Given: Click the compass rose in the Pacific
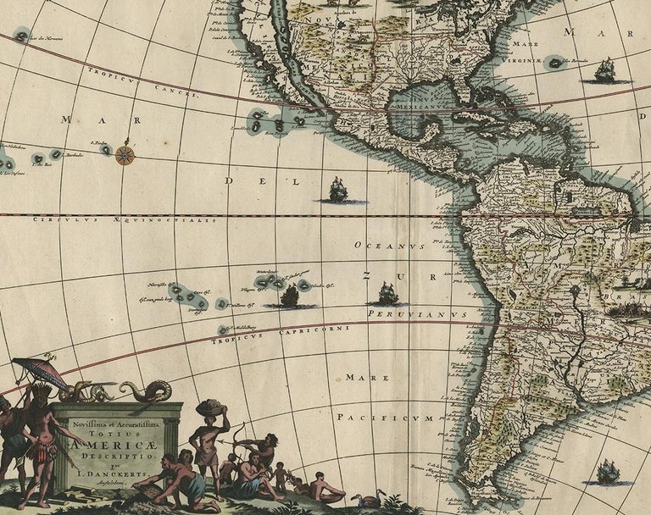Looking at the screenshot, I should pyautogui.click(x=125, y=154).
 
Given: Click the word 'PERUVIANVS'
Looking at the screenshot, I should pyautogui.click(x=417, y=314).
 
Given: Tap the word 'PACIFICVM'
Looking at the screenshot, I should pyautogui.click(x=385, y=418).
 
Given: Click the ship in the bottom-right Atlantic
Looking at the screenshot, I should pyautogui.click(x=607, y=472).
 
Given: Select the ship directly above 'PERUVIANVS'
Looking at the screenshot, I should pyautogui.click(x=387, y=293).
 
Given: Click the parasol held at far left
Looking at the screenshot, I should pyautogui.click(x=39, y=373).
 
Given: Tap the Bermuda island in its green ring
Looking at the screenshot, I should pyautogui.click(x=555, y=62).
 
